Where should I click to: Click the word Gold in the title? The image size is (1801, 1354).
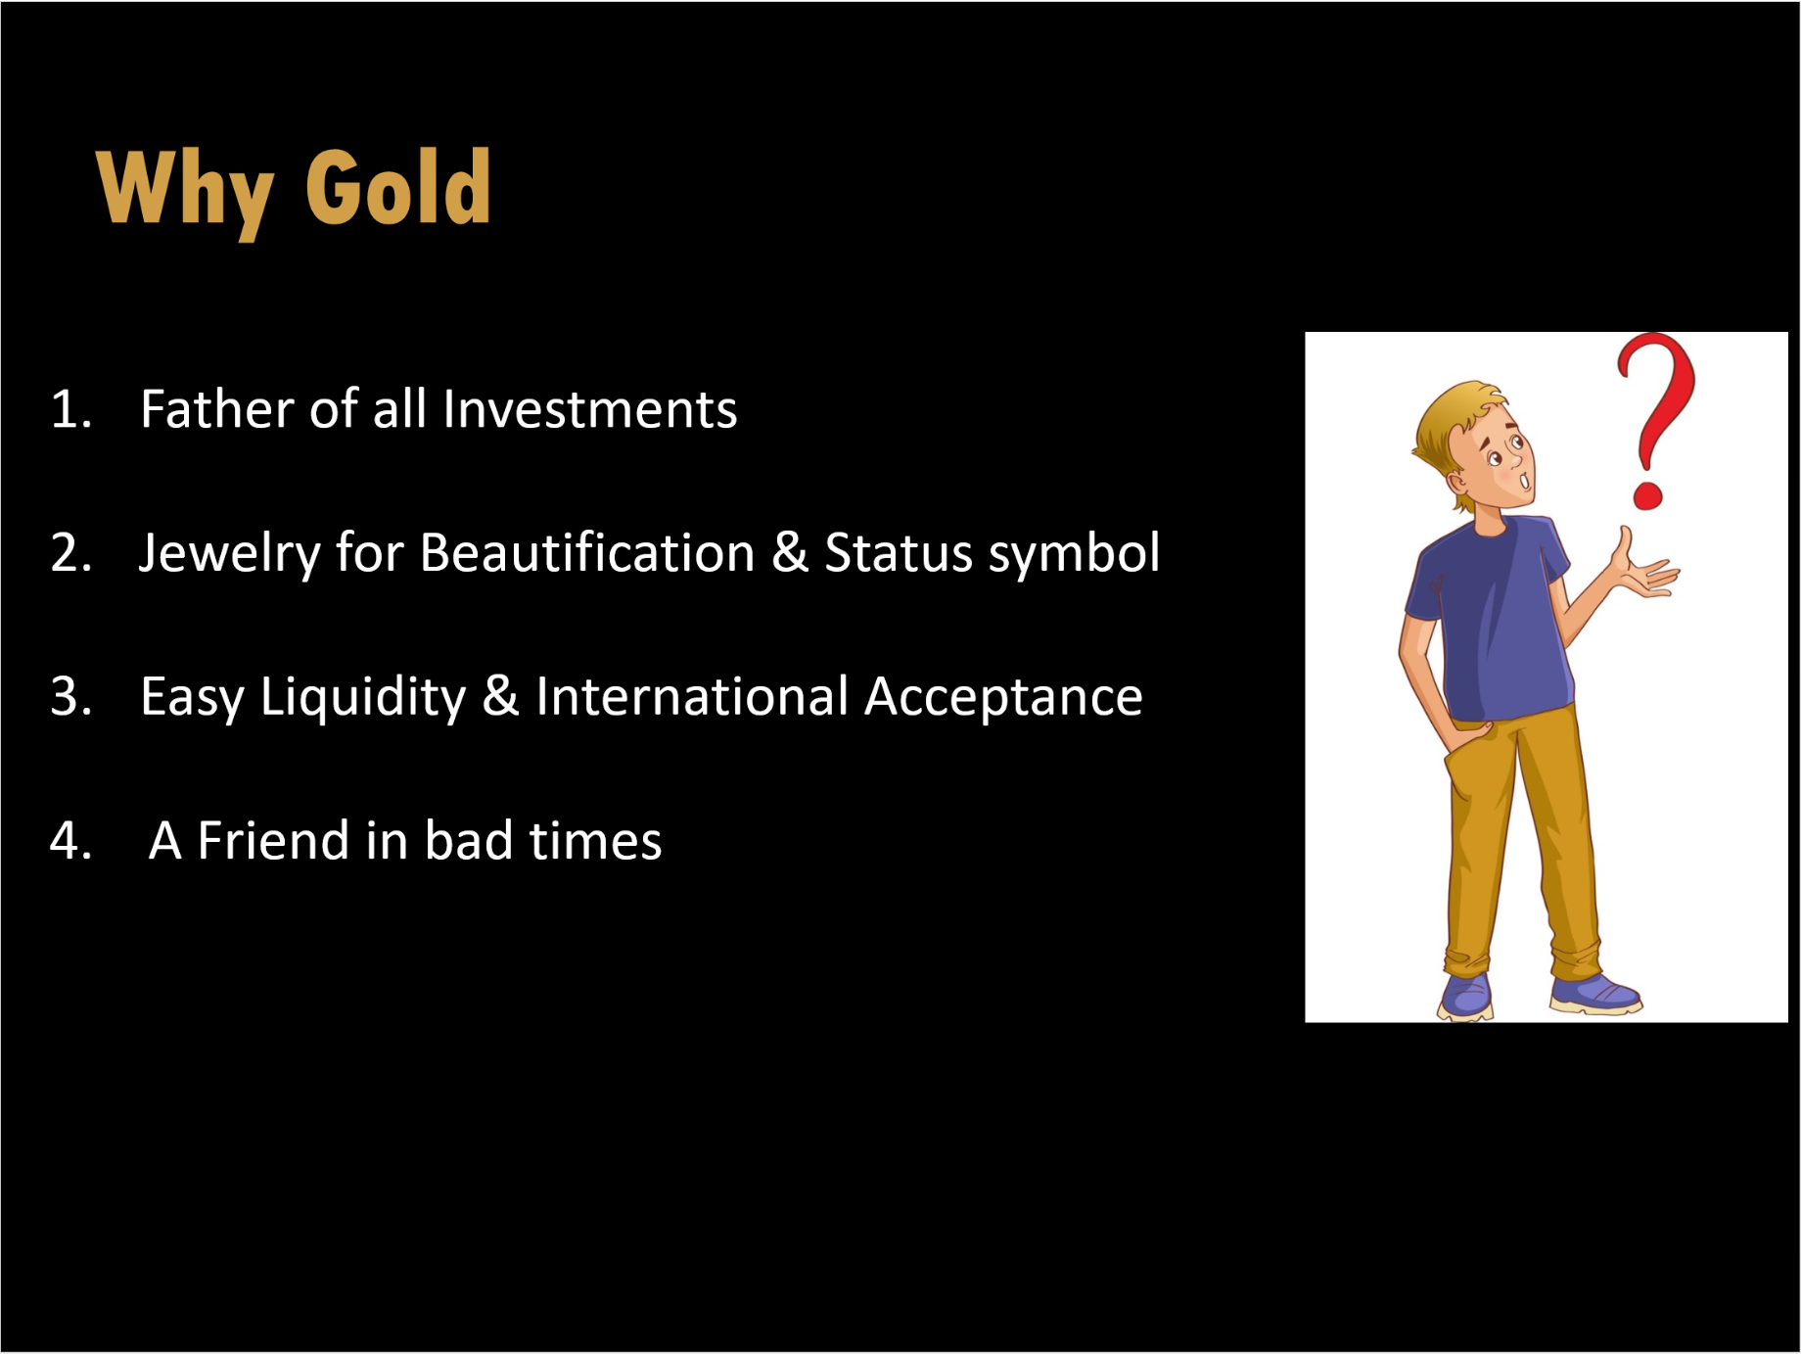pyautogui.click(x=398, y=188)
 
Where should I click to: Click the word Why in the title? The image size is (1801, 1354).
pyautogui.click(x=185, y=193)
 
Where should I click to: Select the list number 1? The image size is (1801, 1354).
pyautogui.click(x=70, y=409)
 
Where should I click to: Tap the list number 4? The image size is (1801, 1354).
pyautogui.click(x=70, y=841)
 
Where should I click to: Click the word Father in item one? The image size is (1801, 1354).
pyautogui.click(x=217, y=408)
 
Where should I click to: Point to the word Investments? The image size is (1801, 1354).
pyautogui.click(x=590, y=409)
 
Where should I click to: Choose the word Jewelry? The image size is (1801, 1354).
pyautogui.click(x=229, y=554)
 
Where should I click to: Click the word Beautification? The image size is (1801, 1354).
pyautogui.click(x=587, y=552)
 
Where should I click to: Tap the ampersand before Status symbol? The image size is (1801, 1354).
pyautogui.click(x=790, y=553)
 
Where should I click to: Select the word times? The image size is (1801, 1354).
pyautogui.click(x=595, y=841)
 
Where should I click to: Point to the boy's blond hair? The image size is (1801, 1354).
pyautogui.click(x=1449, y=431)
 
